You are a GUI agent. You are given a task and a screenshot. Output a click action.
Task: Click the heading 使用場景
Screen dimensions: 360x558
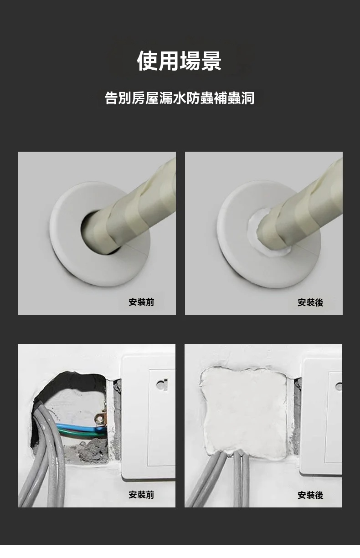coord(179,61)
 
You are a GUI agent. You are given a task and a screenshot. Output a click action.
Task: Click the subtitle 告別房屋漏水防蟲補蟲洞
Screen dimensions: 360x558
coord(180,98)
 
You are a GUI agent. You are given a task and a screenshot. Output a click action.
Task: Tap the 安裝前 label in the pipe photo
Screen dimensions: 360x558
coord(141,302)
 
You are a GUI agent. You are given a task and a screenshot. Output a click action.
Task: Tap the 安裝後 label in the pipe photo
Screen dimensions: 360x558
coord(310,302)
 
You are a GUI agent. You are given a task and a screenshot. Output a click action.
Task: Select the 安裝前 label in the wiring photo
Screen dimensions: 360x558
coord(141,495)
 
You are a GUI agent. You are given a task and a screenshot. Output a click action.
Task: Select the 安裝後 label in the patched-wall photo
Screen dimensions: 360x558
coord(310,495)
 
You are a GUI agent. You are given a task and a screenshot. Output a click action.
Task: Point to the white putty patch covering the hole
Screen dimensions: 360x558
coord(244,411)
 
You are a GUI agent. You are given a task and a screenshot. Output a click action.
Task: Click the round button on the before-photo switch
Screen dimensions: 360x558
coord(162,385)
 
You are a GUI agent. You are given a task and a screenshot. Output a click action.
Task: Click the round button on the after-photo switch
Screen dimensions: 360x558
coord(339,387)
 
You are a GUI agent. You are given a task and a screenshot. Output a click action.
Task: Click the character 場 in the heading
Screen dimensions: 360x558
coord(190,61)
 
